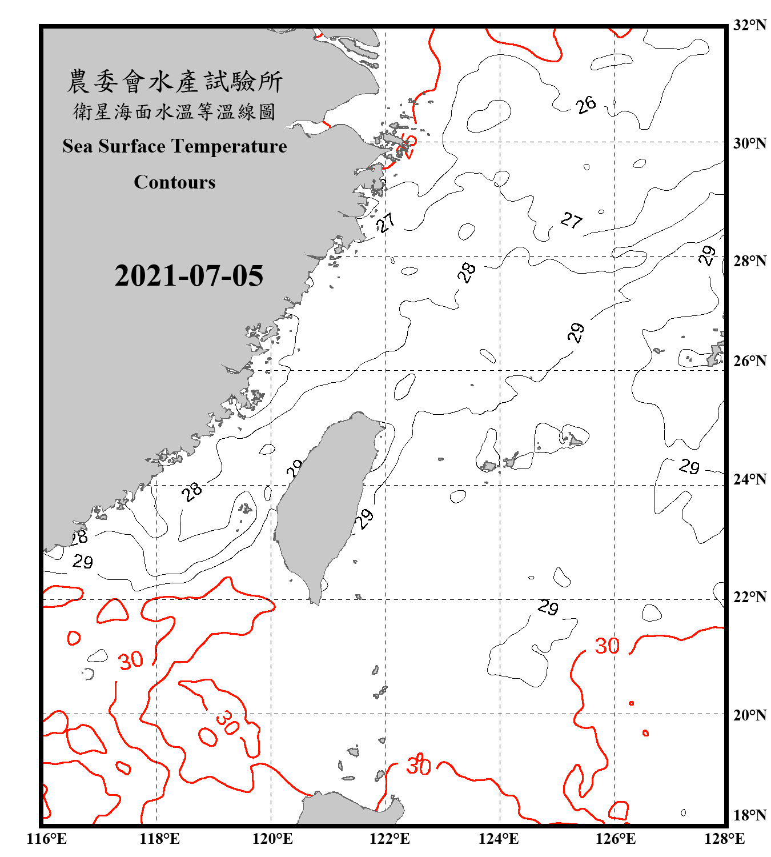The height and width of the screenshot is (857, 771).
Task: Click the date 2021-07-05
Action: pos(188,276)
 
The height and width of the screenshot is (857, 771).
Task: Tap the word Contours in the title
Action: pos(175,182)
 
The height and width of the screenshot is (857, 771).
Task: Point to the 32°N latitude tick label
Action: pos(749,25)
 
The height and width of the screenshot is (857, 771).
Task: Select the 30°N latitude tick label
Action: pos(749,143)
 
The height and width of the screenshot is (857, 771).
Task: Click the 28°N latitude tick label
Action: pos(749,261)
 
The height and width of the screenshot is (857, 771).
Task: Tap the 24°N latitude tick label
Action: pos(749,479)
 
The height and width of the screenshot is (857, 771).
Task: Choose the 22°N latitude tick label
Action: pos(749,597)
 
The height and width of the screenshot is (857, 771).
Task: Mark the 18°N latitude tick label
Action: pos(749,815)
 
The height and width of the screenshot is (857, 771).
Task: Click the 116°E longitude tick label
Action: pos(46,839)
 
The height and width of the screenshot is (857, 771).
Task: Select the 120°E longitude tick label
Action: pos(272,839)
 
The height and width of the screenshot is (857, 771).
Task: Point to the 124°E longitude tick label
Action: pos(499,839)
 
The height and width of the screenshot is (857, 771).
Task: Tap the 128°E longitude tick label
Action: pos(724,839)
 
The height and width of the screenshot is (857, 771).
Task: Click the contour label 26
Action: pos(585,105)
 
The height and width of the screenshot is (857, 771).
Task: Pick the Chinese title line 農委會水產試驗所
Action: pos(175,82)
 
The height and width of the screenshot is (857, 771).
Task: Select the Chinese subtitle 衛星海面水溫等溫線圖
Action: pos(175,112)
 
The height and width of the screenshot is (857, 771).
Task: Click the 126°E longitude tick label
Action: pos(615,839)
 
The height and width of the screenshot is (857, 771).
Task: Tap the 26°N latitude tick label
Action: pos(749,361)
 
